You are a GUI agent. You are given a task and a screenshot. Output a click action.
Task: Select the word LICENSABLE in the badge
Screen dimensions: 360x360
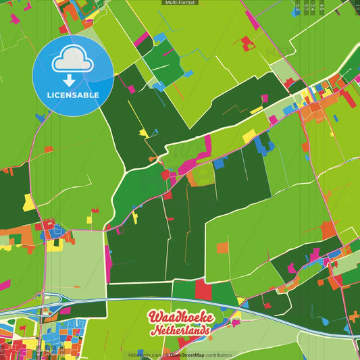73,95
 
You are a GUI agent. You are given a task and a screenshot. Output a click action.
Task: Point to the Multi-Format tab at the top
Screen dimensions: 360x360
180,3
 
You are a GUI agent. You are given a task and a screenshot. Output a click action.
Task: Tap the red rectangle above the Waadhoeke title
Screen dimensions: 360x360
203,289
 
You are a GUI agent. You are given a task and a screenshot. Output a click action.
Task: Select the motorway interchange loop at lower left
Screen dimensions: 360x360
51,301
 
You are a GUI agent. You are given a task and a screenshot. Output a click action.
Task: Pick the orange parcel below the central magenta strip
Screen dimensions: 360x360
200,177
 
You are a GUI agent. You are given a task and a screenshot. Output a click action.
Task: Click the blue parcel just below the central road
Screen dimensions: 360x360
220,163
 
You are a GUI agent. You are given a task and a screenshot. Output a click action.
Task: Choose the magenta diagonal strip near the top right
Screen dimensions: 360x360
251,20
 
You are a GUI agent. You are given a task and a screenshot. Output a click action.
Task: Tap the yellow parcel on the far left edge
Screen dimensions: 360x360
29,201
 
